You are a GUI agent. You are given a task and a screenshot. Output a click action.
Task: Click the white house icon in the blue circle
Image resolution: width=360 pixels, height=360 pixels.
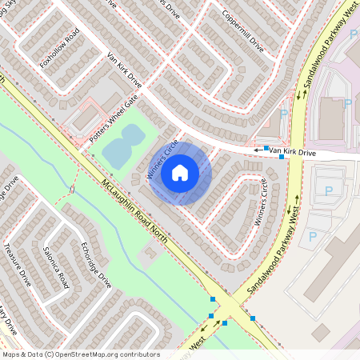(x=180, y=173)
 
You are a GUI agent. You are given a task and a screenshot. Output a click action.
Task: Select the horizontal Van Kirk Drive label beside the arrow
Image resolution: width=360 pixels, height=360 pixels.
(x=292, y=151)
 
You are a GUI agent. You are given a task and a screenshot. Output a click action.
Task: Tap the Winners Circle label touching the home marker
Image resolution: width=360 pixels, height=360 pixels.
(x=161, y=159)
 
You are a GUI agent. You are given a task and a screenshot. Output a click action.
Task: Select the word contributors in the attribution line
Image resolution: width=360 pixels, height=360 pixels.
(x=142, y=354)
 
